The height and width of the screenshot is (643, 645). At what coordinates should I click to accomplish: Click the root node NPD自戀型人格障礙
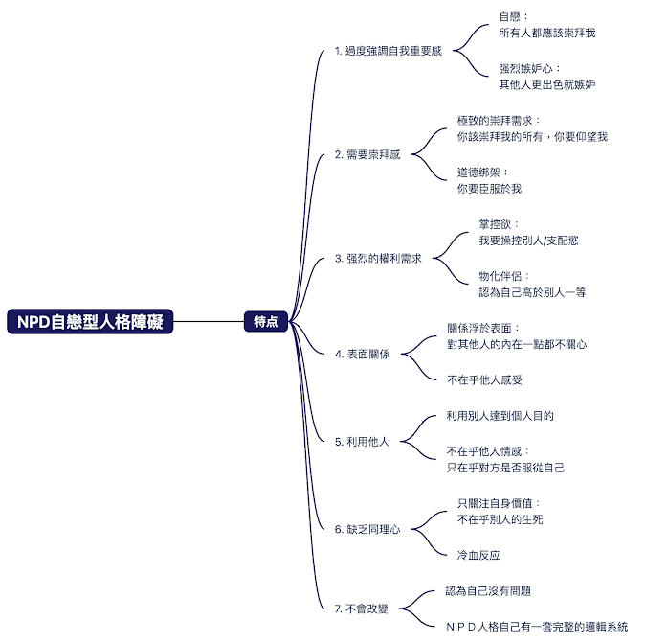tap(91, 322)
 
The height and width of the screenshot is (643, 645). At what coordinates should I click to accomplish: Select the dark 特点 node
tap(265, 322)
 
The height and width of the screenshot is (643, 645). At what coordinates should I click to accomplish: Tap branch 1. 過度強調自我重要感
tap(388, 51)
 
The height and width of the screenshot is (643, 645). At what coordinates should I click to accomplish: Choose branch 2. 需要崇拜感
tap(367, 154)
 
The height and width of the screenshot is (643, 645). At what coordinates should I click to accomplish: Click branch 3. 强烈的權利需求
tap(377, 258)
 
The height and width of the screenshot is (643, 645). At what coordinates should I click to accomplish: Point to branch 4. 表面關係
tap(362, 354)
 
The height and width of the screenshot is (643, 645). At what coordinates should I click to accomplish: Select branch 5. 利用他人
tap(362, 442)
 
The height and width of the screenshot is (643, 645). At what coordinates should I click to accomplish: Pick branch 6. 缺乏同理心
tap(367, 528)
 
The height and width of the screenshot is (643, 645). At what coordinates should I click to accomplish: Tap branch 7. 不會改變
tap(362, 608)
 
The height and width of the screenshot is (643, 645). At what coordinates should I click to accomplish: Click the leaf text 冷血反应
tap(478, 555)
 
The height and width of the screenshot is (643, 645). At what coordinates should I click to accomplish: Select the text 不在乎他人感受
tap(484, 380)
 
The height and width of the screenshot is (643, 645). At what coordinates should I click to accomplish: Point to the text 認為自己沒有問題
tap(488, 591)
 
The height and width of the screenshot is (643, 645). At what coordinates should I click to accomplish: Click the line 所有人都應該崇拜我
tap(546, 33)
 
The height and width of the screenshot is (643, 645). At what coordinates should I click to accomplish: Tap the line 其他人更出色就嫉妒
tap(546, 84)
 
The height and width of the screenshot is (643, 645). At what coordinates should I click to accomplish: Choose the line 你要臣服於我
tap(489, 189)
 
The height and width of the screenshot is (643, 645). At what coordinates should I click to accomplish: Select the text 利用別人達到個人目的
tap(500, 416)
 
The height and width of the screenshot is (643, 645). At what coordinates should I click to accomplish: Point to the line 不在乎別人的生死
tap(500, 519)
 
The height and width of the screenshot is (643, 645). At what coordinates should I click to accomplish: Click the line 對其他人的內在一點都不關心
tap(517, 344)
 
